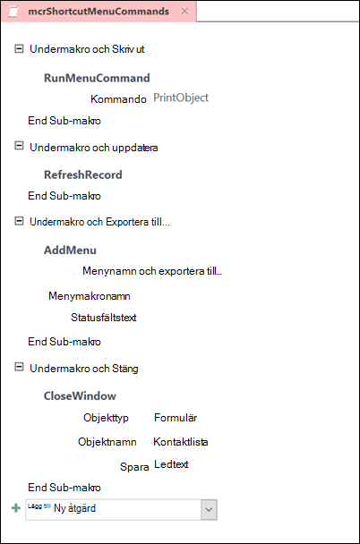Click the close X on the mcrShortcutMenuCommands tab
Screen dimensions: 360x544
[184, 11]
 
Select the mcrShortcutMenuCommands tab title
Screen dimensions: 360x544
[99, 12]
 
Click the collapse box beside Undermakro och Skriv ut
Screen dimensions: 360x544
[19, 48]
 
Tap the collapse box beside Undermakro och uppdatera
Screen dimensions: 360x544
[19, 146]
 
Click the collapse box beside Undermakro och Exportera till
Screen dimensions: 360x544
[19, 221]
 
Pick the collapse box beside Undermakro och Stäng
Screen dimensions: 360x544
[19, 367]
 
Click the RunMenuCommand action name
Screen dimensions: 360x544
[97, 78]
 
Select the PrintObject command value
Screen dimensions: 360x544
[181, 98]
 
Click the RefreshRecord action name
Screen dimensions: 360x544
[83, 174]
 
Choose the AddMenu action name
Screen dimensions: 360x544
[70, 251]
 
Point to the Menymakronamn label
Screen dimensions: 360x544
[90, 296]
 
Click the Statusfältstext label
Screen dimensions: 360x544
[104, 318]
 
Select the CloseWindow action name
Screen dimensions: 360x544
[80, 395]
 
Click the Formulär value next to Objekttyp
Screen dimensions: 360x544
[176, 418]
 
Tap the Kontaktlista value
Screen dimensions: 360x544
[181, 442]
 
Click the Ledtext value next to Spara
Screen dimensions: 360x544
[171, 464]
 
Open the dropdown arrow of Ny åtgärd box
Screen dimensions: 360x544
[209, 510]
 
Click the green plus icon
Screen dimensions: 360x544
[16, 508]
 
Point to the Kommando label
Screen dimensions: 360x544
[118, 99]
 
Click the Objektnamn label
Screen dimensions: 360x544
[107, 442]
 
